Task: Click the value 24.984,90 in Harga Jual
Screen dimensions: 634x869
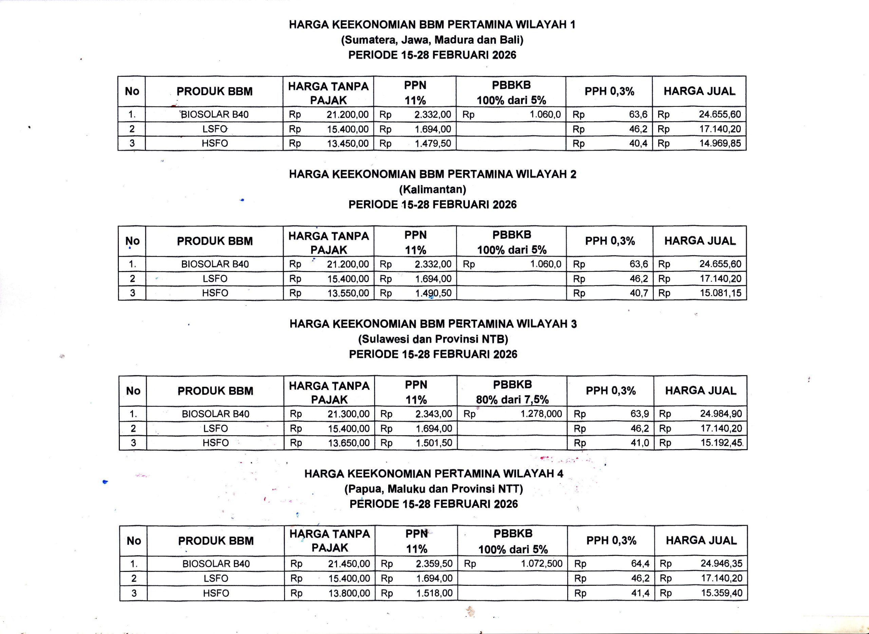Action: pos(721,414)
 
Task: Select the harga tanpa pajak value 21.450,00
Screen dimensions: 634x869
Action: pos(349,564)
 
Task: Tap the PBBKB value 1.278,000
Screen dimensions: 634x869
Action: pos(541,414)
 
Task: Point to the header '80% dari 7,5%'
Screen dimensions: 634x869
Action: pos(512,400)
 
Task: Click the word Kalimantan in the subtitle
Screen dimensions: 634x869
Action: pos(432,189)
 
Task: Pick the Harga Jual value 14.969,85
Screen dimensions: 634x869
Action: pos(720,143)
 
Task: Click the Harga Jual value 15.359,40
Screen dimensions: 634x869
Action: pos(722,593)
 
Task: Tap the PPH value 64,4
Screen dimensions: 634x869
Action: pos(640,564)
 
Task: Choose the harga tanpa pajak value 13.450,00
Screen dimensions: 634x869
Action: pos(348,143)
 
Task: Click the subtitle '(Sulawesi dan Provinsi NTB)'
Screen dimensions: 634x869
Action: pos(433,339)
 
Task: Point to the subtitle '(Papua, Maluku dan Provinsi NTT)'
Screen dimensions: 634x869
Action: pos(433,489)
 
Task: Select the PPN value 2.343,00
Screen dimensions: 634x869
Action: pos(433,414)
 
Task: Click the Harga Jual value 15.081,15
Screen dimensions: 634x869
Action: pos(720,293)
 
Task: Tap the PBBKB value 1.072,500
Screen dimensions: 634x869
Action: pos(541,564)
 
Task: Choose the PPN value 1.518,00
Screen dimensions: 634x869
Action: pos(434,593)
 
